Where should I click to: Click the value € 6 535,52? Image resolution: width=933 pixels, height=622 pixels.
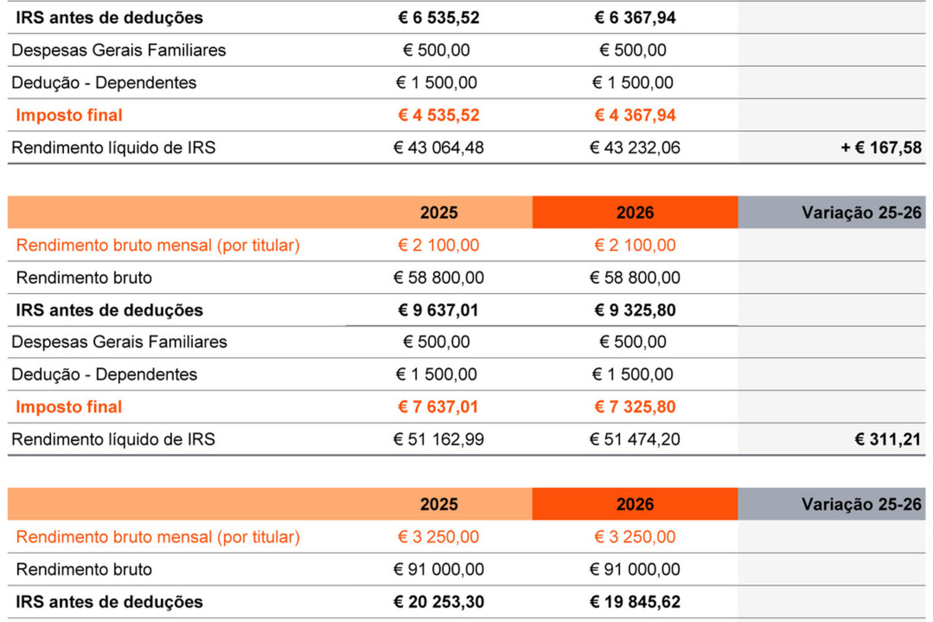tap(439, 17)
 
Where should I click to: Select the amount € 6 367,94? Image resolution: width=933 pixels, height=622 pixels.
tap(634, 17)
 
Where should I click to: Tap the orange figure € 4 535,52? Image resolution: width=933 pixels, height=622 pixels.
tap(439, 115)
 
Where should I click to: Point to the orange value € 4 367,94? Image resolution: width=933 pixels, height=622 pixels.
tap(634, 115)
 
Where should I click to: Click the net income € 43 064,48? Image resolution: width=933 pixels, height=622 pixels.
tap(439, 147)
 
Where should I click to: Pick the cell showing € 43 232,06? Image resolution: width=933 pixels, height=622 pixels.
tap(634, 147)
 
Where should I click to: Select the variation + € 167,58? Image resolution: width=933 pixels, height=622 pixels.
tap(881, 147)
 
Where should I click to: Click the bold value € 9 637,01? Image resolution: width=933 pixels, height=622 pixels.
tap(439, 310)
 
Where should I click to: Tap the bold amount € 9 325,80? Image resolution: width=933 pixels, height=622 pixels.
tap(634, 310)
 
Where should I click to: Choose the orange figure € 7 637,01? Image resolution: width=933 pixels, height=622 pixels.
tap(439, 407)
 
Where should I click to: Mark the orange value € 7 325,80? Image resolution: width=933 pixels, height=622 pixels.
tap(634, 407)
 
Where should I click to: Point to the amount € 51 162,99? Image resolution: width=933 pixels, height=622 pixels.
tap(439, 439)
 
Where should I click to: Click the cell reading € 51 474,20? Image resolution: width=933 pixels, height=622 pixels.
tap(634, 439)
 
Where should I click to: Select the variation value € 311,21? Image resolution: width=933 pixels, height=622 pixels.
tap(888, 439)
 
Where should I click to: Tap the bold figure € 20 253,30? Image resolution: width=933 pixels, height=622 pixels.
tap(439, 601)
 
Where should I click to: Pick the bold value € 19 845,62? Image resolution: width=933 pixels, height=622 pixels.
tap(634, 601)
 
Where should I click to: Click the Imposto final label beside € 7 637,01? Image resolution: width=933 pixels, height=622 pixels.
tap(69, 407)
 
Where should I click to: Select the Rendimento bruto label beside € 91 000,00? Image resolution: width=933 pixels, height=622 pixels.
tap(84, 569)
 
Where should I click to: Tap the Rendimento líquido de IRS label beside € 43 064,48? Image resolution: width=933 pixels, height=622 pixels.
tap(113, 147)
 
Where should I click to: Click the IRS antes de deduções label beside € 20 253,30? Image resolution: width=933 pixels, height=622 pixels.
tap(109, 601)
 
